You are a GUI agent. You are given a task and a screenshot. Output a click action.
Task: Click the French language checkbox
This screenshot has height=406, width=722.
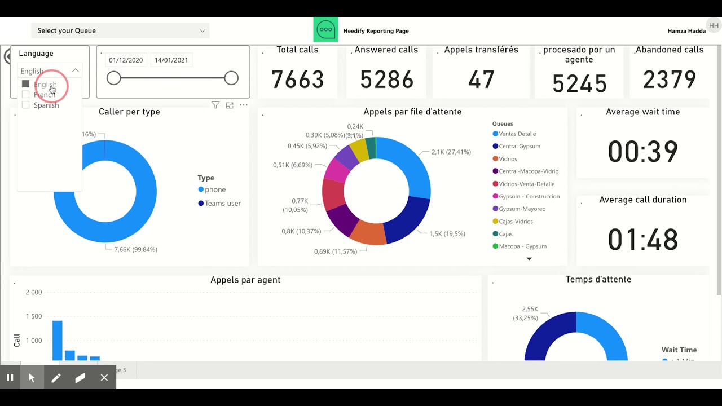tap(25, 95)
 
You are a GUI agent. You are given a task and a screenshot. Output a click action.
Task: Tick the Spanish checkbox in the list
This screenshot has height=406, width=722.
tap(25, 105)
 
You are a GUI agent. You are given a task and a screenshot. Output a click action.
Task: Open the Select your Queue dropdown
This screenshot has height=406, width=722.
tap(120, 30)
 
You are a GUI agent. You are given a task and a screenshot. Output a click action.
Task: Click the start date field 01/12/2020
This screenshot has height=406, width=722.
tap(126, 60)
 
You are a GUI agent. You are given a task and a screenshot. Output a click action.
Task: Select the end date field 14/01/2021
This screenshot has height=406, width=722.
tap(171, 60)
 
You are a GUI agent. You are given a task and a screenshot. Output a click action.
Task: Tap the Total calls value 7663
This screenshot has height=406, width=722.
tap(297, 80)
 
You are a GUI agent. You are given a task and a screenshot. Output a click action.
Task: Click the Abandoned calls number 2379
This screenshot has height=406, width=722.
tap(670, 80)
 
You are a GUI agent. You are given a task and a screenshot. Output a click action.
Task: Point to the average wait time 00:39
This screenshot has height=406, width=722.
tap(642, 152)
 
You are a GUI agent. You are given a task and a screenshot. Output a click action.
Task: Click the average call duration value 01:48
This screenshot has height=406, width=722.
tap(642, 240)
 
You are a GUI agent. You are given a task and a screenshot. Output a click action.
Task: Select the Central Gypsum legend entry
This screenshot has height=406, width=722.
tap(519, 147)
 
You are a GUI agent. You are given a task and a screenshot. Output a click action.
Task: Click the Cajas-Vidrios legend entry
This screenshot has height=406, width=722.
tap(516, 222)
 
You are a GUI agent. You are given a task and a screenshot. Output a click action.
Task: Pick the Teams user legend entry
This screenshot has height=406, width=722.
tap(222, 204)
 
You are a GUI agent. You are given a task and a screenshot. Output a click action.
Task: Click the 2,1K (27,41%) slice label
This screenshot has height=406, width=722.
tap(451, 152)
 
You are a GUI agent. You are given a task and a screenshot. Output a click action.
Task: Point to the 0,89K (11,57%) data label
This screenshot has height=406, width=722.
tap(335, 251)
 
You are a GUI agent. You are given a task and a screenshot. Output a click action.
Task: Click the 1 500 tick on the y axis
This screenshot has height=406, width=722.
tap(34, 316)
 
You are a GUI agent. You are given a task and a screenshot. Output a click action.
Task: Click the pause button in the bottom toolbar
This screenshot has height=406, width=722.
tap(10, 378)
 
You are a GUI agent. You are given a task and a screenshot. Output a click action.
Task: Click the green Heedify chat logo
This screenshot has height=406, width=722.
tap(326, 30)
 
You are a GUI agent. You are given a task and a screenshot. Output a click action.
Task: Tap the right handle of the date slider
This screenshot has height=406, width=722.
tap(231, 78)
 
